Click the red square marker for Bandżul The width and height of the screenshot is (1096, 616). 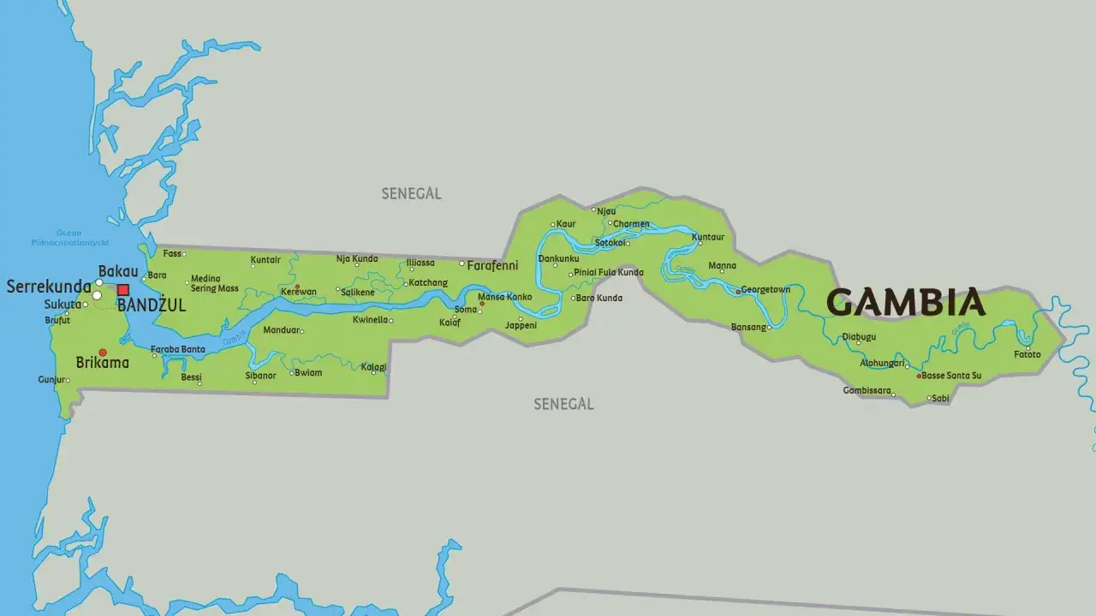(123, 290)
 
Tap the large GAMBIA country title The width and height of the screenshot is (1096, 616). (906, 303)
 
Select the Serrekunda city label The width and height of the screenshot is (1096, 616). (49, 287)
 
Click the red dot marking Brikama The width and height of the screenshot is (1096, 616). (103, 352)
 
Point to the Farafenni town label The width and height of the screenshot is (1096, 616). (492, 265)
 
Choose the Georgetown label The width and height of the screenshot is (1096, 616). (765, 290)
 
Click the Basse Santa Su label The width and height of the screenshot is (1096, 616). (951, 376)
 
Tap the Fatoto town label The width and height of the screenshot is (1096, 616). (1027, 354)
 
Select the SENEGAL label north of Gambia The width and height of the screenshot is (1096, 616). (411, 194)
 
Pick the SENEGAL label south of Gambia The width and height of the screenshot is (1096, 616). (563, 404)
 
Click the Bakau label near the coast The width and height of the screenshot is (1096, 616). (118, 271)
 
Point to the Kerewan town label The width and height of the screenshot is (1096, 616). (299, 292)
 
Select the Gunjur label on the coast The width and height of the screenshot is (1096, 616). (51, 379)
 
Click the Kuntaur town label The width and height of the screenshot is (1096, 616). (708, 237)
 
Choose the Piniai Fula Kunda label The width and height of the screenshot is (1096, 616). (608, 273)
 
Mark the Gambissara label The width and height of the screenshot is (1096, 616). (868, 391)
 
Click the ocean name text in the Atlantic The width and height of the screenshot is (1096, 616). (68, 238)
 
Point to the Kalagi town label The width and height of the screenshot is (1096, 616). (373, 367)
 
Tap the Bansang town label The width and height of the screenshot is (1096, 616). (748, 327)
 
